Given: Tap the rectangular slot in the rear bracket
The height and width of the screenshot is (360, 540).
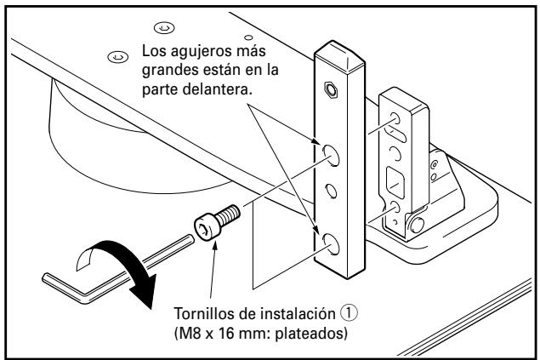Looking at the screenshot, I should (x=394, y=181).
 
